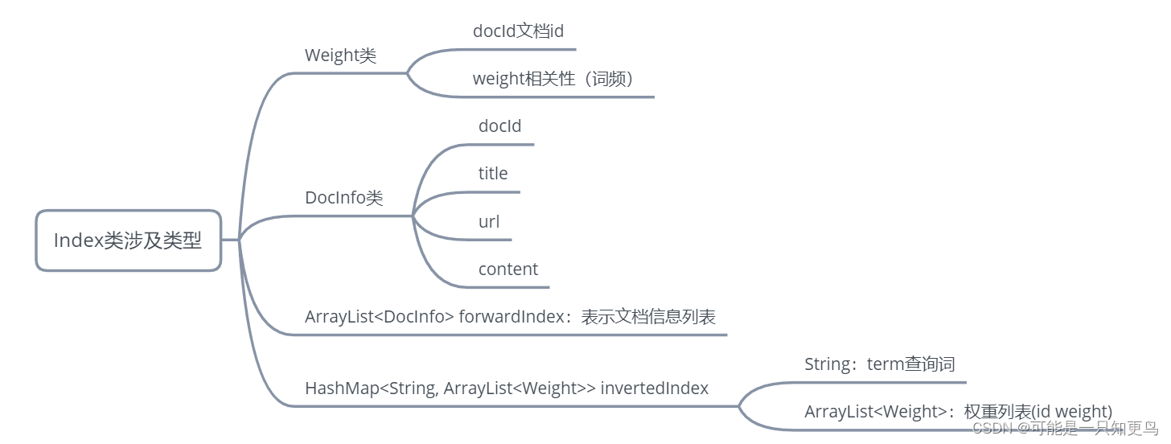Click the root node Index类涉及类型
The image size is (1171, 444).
pos(128,240)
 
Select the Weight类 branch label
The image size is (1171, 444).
pos(340,55)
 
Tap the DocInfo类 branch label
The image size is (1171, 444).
pos(344,198)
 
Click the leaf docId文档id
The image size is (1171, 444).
pos(518,31)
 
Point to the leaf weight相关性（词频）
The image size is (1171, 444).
pos(553,79)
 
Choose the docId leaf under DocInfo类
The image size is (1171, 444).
pos(499,126)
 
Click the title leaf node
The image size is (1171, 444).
pos(493,174)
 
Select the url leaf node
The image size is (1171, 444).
pos(489,221)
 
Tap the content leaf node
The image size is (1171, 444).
pos(507,269)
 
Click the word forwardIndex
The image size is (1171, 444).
pos(512,317)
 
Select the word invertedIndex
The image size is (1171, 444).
pos(655,388)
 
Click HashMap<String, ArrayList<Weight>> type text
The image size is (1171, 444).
pos(450,388)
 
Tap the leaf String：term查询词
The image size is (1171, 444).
pos(879,364)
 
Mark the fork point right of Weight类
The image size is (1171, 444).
pos(408,73)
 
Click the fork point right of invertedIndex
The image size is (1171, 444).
pos(739,406)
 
